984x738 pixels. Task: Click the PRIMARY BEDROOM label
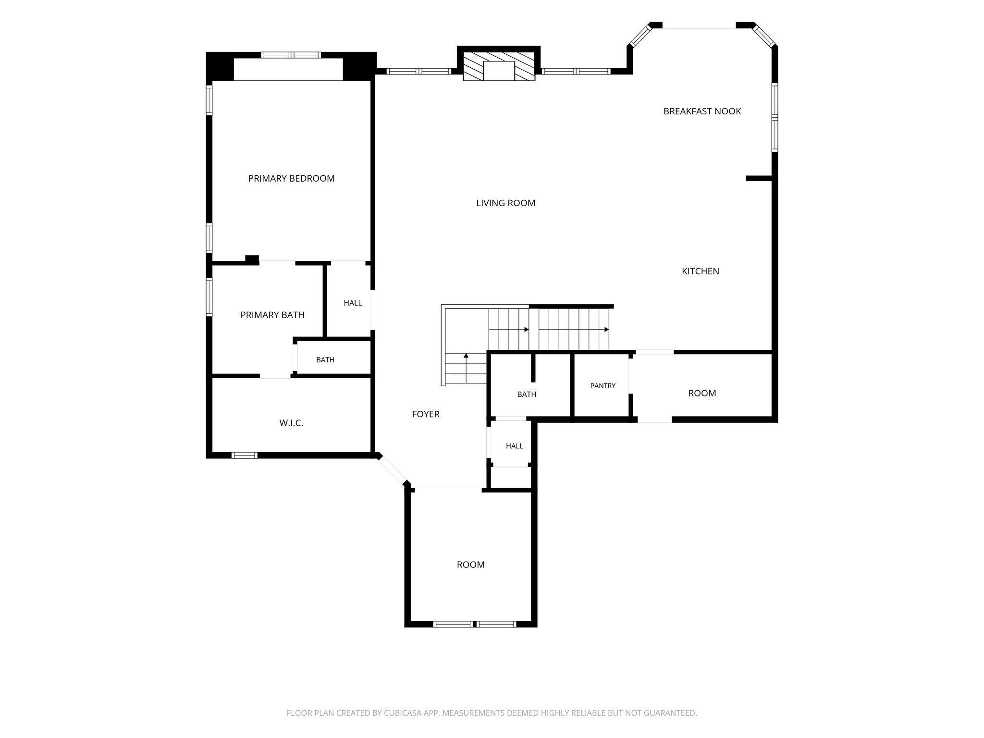click(291, 179)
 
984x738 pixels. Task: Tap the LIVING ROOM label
click(505, 203)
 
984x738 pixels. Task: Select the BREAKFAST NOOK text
click(702, 111)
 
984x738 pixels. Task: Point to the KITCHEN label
click(701, 271)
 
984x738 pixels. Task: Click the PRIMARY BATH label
click(272, 315)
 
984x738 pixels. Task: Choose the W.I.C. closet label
click(291, 423)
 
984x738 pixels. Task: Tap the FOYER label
click(426, 414)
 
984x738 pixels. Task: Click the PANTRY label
click(603, 386)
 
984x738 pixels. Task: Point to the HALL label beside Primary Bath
click(353, 303)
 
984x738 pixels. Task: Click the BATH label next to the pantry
click(527, 394)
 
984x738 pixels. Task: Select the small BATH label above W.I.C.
click(325, 360)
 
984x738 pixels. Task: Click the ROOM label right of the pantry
click(702, 394)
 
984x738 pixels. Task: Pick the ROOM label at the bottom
click(470, 565)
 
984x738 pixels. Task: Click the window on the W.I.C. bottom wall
click(245, 455)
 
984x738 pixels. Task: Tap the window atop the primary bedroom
click(291, 55)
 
